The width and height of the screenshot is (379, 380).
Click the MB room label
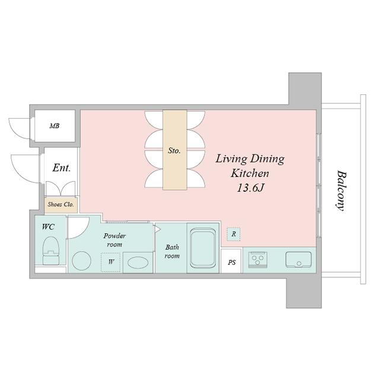pos(55,126)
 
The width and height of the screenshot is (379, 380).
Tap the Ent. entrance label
pos(62,167)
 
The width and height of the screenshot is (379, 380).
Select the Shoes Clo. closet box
pos(60,205)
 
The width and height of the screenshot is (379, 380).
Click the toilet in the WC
pos(51,251)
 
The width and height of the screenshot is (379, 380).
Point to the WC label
pos(48,227)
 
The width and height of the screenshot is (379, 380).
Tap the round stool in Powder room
pos(82,261)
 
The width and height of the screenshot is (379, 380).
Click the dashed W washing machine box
pos(110,262)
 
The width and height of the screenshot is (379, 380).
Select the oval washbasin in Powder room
pos(138,262)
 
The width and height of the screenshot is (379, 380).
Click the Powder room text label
pos(114,240)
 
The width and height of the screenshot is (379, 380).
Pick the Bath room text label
pos(172,251)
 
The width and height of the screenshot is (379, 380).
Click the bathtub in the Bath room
pos(203,248)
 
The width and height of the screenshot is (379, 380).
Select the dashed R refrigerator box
pos(234,234)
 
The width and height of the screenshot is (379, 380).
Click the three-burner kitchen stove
pos(258,259)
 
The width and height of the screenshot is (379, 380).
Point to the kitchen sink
pos(298,259)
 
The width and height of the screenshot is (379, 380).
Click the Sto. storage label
pos(174,151)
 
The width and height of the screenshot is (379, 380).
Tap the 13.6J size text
pos(250,188)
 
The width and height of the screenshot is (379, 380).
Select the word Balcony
pos(341,191)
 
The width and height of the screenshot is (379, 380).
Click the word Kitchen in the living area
pos(250,173)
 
